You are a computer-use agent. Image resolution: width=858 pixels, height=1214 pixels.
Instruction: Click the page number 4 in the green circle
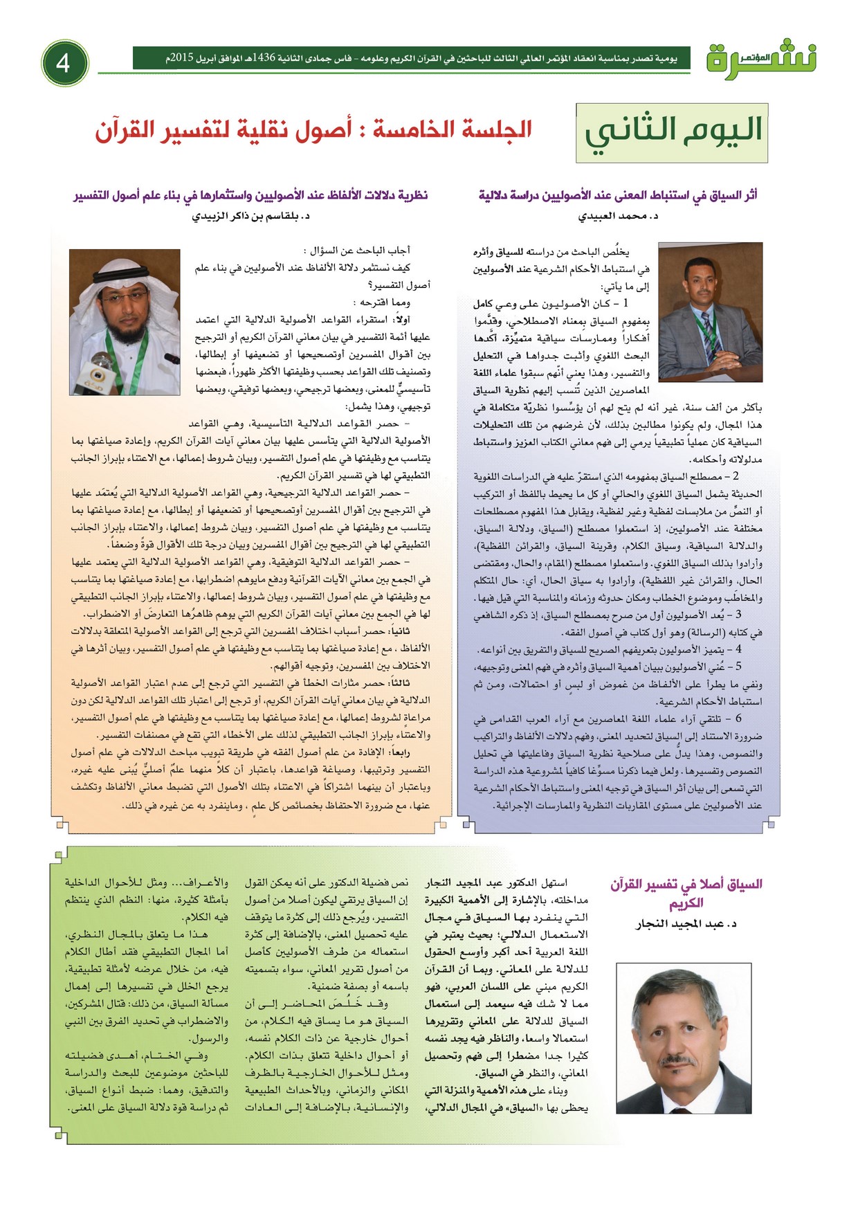pos(64,63)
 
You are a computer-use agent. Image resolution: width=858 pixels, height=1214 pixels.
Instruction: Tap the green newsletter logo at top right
pos(761,60)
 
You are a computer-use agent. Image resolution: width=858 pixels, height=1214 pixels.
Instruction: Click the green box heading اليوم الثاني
pos(672,132)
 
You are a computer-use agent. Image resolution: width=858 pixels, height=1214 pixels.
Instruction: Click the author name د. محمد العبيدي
pos(618,216)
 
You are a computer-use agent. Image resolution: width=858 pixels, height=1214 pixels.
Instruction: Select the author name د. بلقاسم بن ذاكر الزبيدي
pos(250,216)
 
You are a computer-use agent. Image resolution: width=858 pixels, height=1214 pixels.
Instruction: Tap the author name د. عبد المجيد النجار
pos(686,923)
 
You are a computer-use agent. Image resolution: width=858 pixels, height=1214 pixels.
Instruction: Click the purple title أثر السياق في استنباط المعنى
pos(618,195)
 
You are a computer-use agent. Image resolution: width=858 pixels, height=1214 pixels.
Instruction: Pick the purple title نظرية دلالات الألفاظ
pos(250,195)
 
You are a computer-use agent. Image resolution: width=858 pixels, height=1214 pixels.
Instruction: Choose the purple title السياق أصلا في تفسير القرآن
pos(686,893)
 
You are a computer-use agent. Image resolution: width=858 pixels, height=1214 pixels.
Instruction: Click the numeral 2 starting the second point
pos(736,477)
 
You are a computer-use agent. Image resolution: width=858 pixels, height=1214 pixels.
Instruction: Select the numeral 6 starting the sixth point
pos(739,718)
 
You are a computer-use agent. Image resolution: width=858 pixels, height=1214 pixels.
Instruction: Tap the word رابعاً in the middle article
pos(415,752)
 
